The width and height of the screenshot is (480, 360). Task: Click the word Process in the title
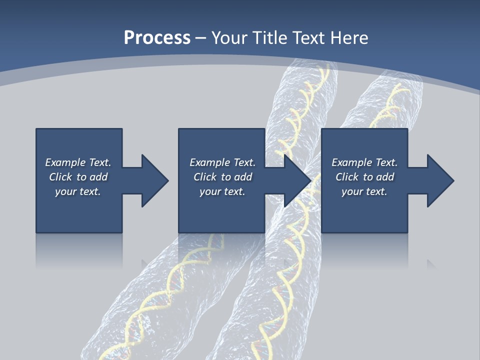tap(157, 38)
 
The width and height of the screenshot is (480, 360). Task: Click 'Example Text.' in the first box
tap(78, 162)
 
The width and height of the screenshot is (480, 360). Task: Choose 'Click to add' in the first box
tap(78, 177)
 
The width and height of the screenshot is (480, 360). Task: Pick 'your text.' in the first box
tap(78, 191)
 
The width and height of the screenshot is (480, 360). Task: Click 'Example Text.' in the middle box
tap(222, 162)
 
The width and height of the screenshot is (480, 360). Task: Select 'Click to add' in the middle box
tap(222, 177)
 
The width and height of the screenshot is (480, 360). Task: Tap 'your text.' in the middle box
tap(222, 191)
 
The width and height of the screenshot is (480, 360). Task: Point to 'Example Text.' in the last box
tap(364, 162)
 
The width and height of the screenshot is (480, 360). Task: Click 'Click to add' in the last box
tap(364, 177)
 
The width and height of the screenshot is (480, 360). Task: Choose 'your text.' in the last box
tap(364, 191)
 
